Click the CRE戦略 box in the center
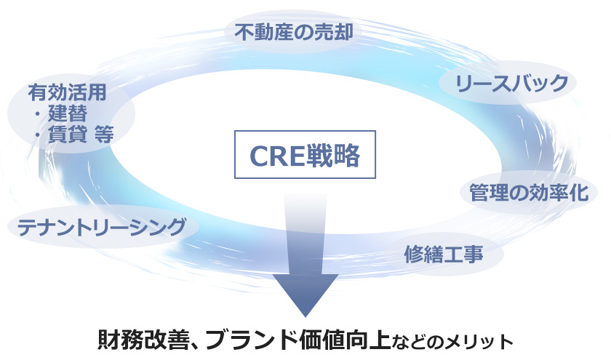[x=305, y=155]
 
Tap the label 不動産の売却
[x=294, y=32]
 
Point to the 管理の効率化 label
[x=528, y=193]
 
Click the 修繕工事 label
[x=444, y=254]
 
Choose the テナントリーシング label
[x=102, y=227]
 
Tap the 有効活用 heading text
[x=68, y=92]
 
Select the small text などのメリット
[x=452, y=342]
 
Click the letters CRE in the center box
[x=276, y=156]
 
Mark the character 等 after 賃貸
[x=104, y=135]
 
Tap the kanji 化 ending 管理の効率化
[x=579, y=193]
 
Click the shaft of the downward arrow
[x=305, y=234]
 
